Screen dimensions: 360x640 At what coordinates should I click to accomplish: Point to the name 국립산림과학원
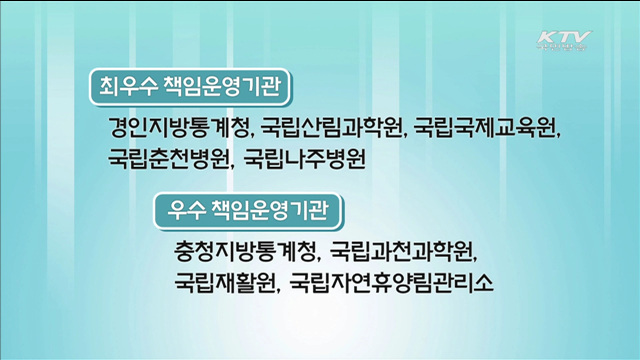pos(323,129)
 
